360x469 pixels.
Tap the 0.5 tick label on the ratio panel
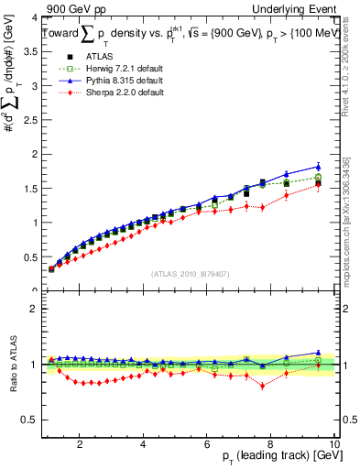click(29, 420)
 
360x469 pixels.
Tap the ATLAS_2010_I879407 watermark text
click(189, 273)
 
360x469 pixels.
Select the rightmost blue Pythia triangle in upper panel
click(318, 167)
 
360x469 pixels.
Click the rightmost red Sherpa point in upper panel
click(318, 184)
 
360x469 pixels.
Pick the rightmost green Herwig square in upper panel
click(318, 177)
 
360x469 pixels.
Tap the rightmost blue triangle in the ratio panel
click(318, 352)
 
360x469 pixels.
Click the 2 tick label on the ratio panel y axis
click(31, 309)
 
